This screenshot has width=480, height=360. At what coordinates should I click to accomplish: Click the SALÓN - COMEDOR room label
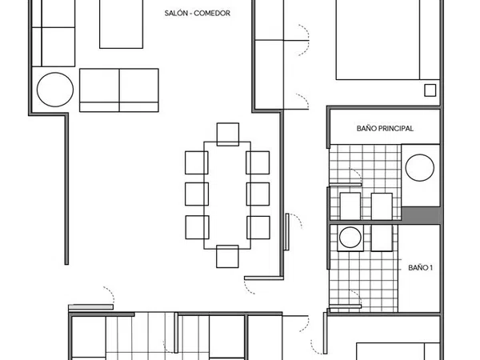[x=197, y=13]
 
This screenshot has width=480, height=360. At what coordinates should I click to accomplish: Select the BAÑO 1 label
[x=420, y=268]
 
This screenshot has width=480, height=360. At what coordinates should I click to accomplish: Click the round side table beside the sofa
[x=55, y=90]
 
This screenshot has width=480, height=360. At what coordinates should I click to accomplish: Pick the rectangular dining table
[x=227, y=195]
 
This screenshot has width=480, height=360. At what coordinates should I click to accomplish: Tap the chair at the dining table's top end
[x=228, y=134]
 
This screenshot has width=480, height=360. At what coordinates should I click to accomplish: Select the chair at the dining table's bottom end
[x=227, y=257]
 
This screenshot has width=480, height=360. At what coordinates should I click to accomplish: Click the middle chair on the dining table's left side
[x=197, y=194]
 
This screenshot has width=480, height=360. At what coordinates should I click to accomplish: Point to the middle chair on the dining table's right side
[x=258, y=194]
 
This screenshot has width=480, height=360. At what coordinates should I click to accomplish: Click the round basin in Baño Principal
[x=420, y=168]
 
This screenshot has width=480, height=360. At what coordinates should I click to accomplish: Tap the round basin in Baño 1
[x=350, y=238]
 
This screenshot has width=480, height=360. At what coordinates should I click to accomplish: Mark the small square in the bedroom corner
[x=430, y=90]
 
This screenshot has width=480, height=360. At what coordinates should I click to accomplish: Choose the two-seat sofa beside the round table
[x=119, y=90]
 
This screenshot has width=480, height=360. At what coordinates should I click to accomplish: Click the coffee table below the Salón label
[x=122, y=24]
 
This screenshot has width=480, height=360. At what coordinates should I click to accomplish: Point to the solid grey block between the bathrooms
[x=421, y=214]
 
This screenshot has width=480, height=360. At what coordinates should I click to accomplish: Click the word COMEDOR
[x=212, y=13]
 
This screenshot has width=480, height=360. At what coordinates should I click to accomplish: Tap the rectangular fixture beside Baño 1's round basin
[x=382, y=238]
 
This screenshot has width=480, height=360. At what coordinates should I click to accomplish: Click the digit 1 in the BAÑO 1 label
[x=430, y=268]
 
